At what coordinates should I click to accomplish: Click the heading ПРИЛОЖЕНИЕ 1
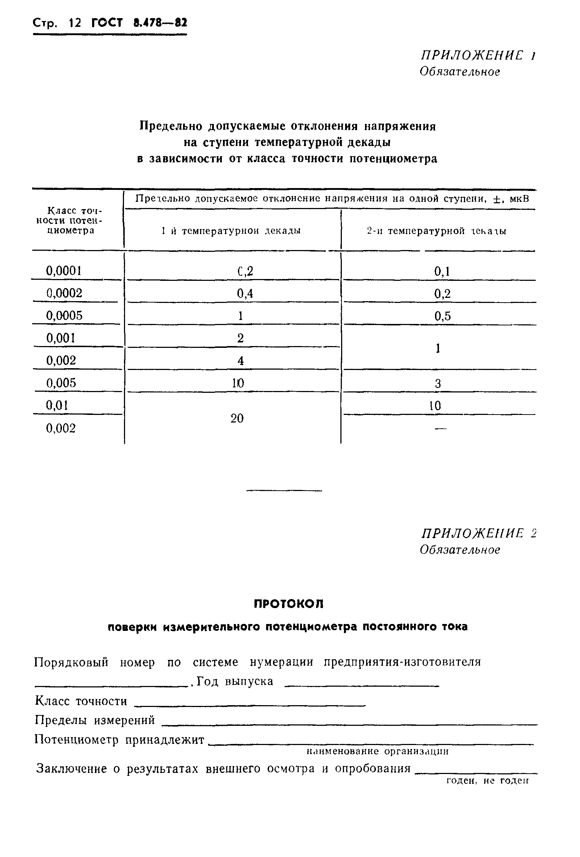(478, 55)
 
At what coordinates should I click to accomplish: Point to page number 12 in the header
(75, 23)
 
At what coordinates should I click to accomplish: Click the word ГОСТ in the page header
(107, 23)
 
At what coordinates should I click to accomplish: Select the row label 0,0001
(63, 271)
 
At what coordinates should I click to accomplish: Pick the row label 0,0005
(64, 316)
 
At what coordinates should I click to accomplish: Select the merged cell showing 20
(237, 418)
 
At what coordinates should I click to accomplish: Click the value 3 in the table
(438, 384)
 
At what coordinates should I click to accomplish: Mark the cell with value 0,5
(442, 316)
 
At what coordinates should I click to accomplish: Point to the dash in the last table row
(440, 428)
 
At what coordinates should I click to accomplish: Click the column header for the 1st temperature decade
(231, 231)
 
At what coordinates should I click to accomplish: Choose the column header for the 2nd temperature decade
(436, 231)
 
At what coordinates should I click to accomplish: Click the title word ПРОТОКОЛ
(289, 604)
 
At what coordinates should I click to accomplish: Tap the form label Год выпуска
(235, 681)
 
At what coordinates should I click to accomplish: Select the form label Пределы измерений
(95, 720)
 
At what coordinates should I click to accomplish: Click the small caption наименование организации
(377, 751)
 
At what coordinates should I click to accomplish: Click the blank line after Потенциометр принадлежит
(371, 742)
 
